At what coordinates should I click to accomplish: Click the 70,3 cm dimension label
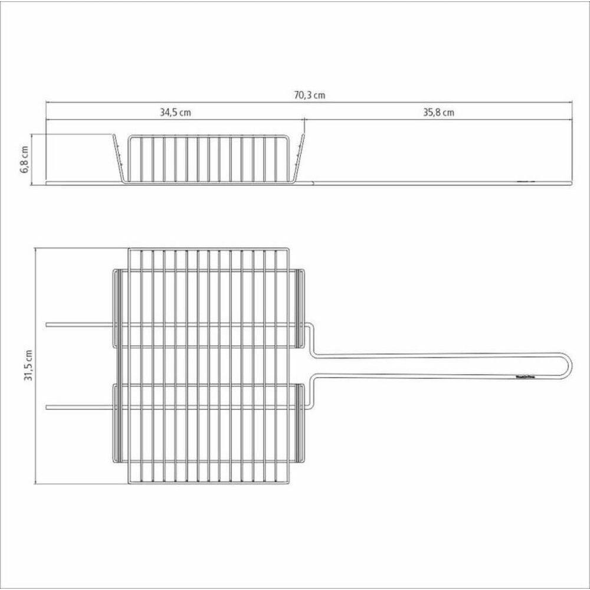tap(310, 95)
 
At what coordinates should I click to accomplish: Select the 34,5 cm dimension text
tap(175, 113)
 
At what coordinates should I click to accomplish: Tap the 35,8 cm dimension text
tap(438, 113)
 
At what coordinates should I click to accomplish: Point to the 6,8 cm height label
tap(24, 159)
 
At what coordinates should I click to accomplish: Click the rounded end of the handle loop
tap(568, 365)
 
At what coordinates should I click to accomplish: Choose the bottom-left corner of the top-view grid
tap(129, 483)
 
